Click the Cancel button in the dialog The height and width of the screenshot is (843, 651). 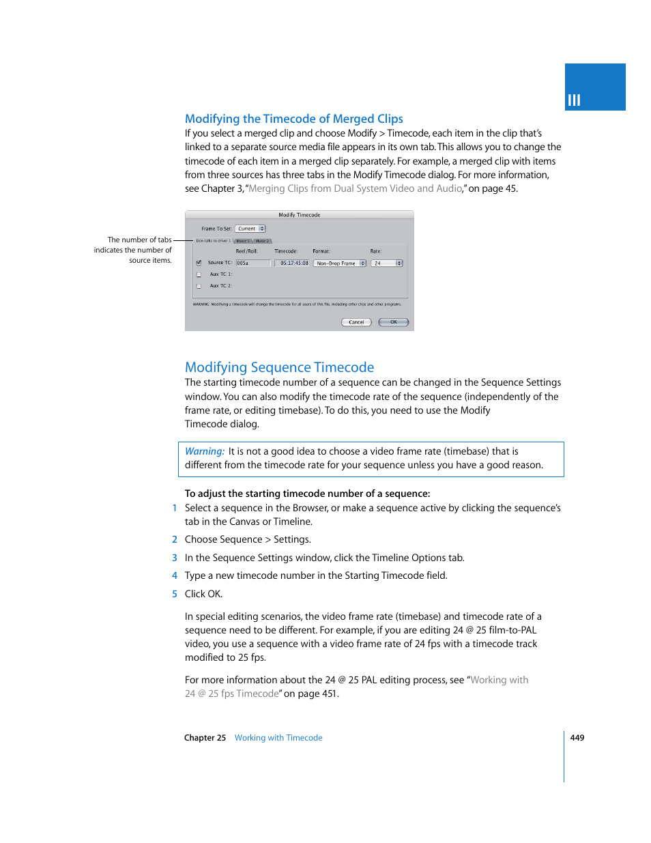[356, 322]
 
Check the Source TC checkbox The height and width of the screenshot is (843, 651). [199, 263]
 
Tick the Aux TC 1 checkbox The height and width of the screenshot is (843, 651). [199, 274]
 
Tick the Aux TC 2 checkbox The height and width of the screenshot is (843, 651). [199, 286]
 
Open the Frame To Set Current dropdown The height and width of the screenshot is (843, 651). [250, 229]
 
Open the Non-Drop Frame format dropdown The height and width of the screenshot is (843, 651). [340, 263]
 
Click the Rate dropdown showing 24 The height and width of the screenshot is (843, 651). [388, 263]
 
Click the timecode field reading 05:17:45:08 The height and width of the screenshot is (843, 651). [293, 263]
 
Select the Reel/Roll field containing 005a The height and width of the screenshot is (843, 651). [252, 263]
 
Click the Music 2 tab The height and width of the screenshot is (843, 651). [263, 241]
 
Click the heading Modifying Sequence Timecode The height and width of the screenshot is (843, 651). [279, 367]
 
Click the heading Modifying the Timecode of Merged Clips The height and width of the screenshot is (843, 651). [293, 119]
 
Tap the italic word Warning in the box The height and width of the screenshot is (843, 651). [204, 451]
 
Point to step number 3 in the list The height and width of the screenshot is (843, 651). [175, 558]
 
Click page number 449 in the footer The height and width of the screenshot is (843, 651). [577, 738]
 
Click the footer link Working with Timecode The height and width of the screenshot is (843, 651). [278, 738]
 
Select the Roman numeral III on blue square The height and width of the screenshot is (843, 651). [574, 100]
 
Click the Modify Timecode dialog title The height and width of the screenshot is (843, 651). [299, 215]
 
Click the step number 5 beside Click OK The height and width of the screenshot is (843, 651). [175, 594]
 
